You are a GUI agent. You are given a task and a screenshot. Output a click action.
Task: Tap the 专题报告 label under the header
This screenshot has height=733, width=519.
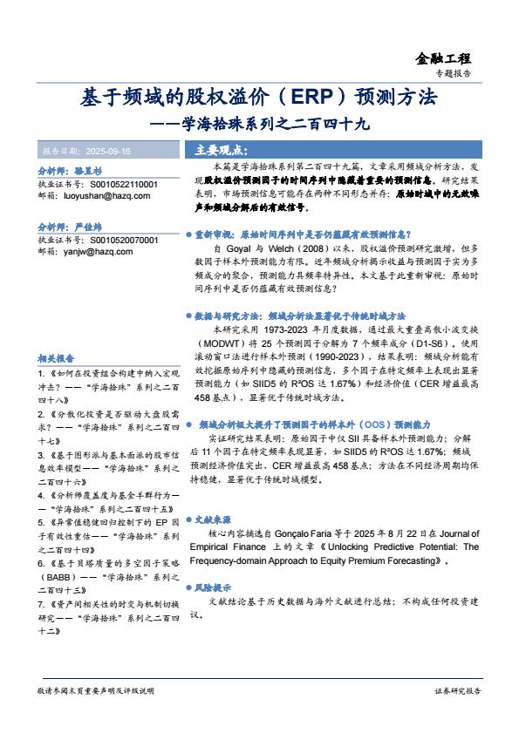[453, 75]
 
